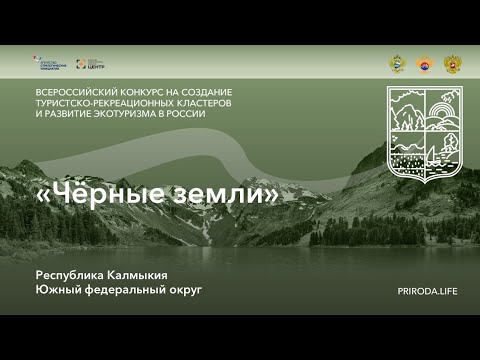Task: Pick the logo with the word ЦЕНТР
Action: tap(90, 63)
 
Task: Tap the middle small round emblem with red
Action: tap(424, 63)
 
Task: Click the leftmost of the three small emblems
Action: tap(397, 63)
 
